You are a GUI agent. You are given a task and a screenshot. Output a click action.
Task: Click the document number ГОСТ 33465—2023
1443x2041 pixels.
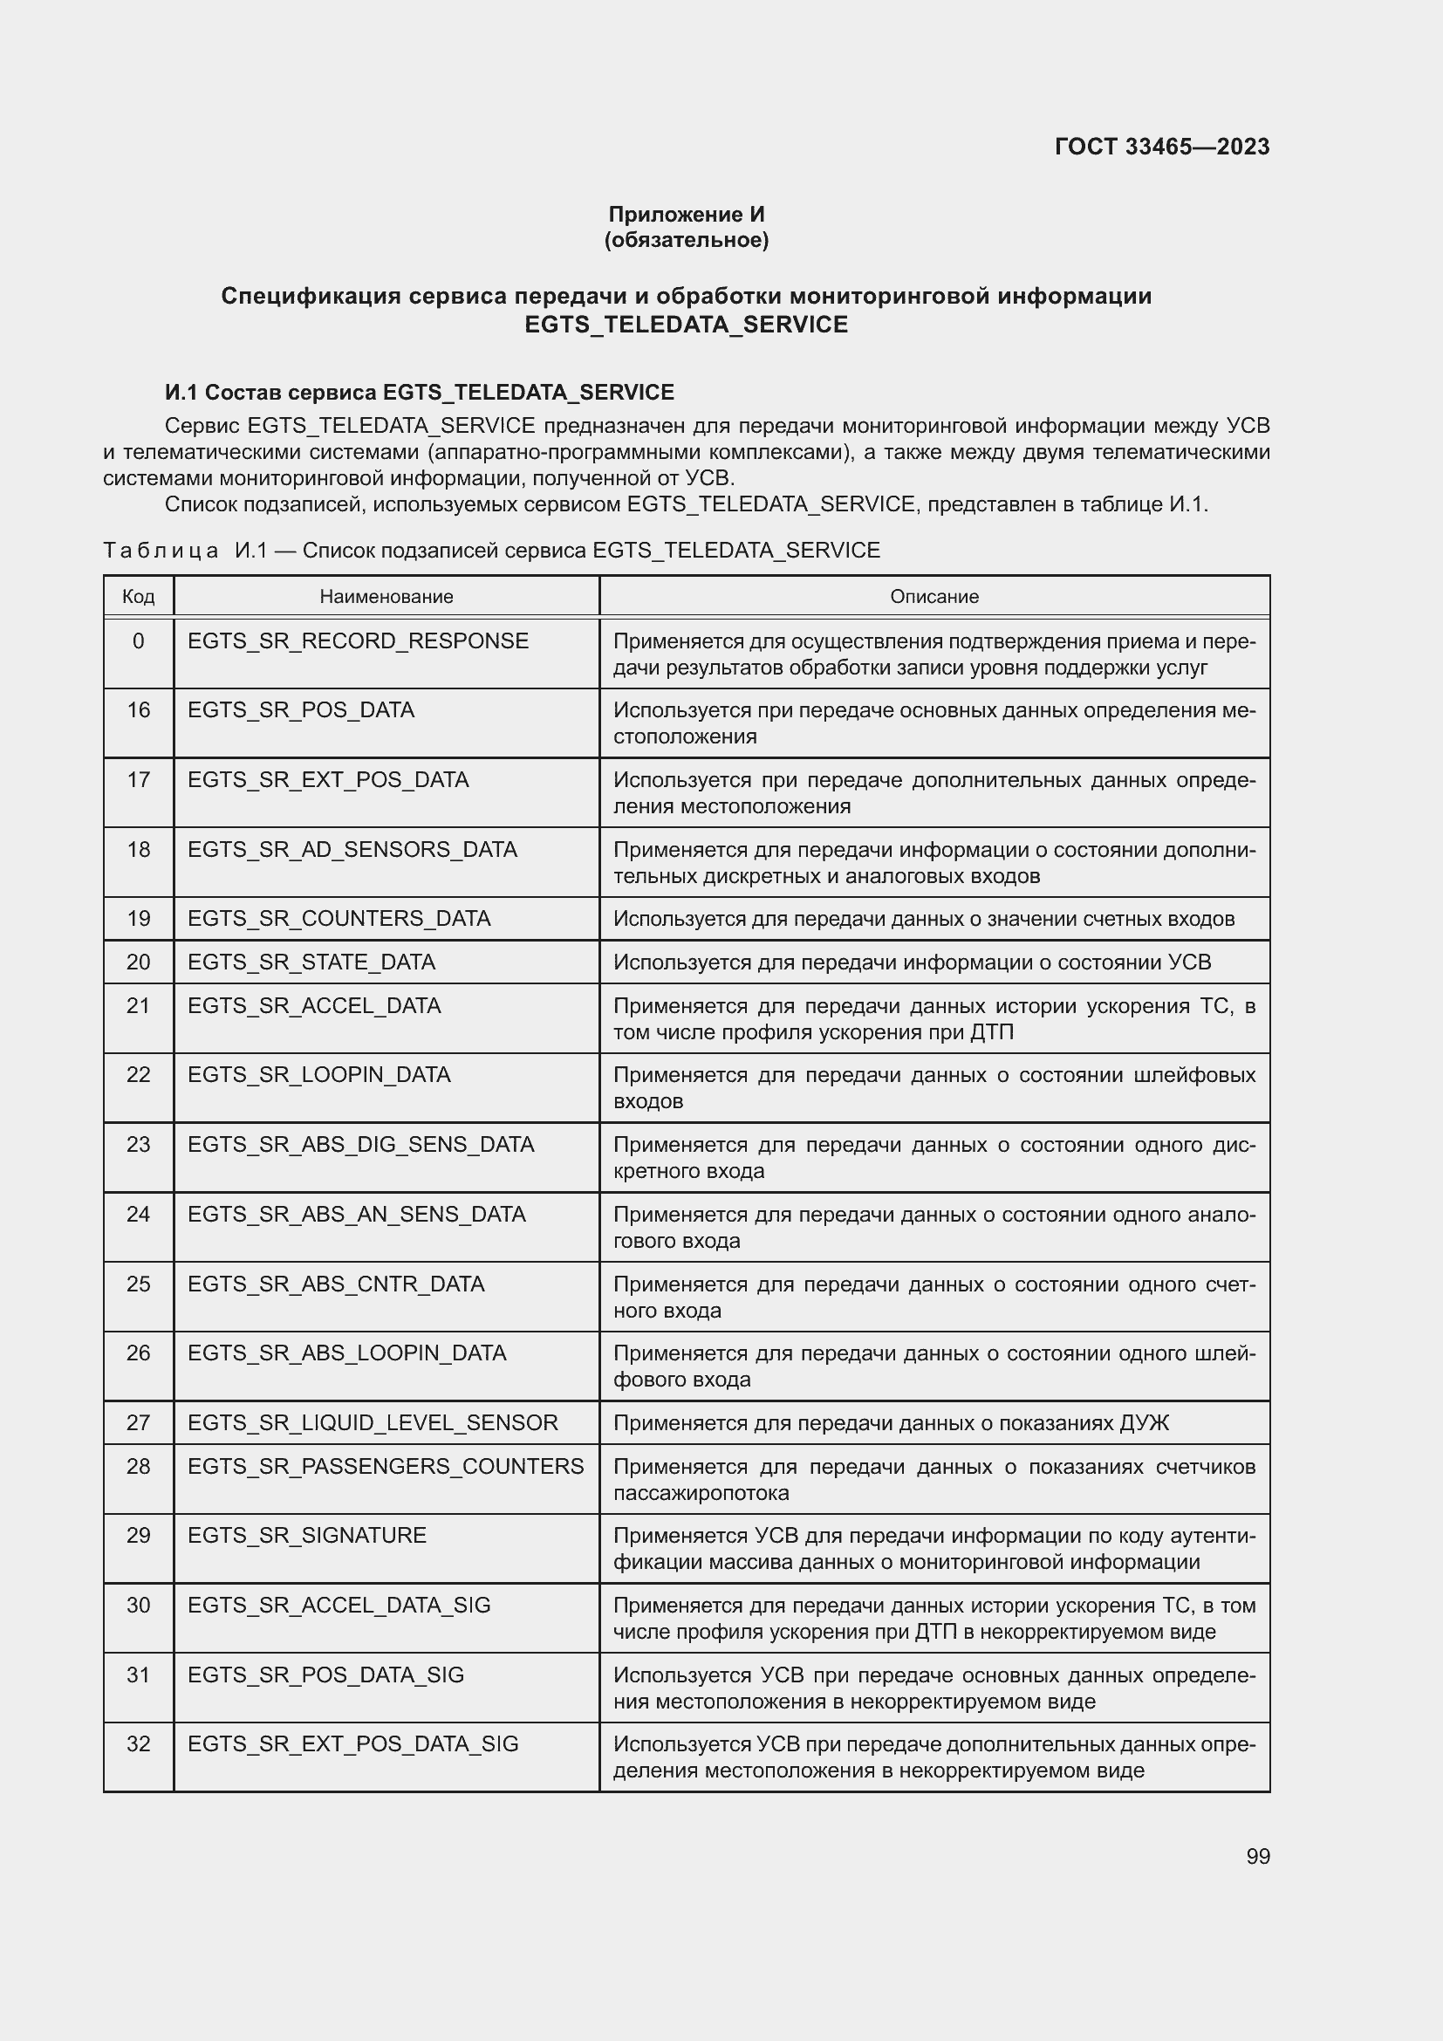[x=1161, y=147]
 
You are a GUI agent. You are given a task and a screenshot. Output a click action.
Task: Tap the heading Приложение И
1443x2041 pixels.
[x=686, y=215]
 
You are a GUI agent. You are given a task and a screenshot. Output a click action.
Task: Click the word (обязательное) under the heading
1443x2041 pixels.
[x=686, y=240]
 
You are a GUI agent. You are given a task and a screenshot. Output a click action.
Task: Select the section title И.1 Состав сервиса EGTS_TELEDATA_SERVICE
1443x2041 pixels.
[x=420, y=392]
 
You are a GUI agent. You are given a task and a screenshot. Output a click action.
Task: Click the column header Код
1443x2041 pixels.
[x=139, y=597]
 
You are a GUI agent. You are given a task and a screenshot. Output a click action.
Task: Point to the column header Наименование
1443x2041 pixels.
[x=386, y=597]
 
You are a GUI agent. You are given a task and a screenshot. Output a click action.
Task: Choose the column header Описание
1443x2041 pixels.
[x=934, y=597]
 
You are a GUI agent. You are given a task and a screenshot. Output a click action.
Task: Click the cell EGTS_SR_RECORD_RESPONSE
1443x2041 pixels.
[x=357, y=641]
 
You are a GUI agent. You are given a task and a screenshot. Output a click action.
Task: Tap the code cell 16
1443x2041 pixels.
[x=139, y=710]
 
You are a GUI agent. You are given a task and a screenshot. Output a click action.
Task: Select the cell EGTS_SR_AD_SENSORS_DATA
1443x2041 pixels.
[x=352, y=850]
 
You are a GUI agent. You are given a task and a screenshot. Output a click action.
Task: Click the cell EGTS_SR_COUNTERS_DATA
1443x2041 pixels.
[x=339, y=918]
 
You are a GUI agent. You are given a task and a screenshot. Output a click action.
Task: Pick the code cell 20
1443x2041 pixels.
[x=139, y=962]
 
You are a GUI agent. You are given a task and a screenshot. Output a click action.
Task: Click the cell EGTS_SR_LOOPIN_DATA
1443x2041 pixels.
[x=319, y=1075]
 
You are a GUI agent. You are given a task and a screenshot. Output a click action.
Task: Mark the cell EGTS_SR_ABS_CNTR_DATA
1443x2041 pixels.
[x=336, y=1284]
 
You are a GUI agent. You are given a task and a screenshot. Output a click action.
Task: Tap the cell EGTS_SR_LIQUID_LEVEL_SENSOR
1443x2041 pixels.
[x=373, y=1422]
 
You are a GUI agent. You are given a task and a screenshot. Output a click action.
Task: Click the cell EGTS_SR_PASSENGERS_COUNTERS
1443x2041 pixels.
[x=386, y=1466]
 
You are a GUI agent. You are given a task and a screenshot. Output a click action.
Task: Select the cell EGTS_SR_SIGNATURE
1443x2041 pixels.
[x=306, y=1535]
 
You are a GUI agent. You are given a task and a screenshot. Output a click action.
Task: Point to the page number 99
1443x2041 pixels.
[x=1257, y=1857]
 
